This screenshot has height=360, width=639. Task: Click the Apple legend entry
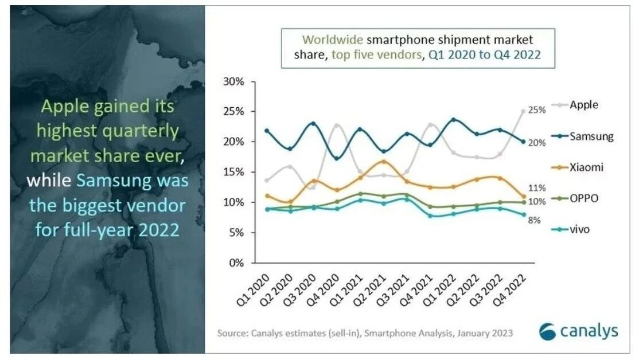coord(575,105)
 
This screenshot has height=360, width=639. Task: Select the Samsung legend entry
coord(582,136)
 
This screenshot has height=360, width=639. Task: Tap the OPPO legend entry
coord(575,198)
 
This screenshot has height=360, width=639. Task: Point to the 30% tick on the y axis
coord(233,81)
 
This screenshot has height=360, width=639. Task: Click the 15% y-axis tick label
coord(233,172)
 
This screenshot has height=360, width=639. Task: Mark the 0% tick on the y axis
coord(236,263)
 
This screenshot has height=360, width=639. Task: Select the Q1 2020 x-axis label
coord(253,289)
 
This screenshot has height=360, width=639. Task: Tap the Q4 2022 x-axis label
coord(509,289)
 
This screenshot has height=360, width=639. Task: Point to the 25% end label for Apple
coord(537,110)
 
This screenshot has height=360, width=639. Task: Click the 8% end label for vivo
coord(534,220)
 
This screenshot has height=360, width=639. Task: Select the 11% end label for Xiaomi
coord(537,187)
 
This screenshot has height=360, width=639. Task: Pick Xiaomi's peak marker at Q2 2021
coord(383,162)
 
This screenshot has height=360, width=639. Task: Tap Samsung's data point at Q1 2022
coord(453,120)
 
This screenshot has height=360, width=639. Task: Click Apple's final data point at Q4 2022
coord(523,111)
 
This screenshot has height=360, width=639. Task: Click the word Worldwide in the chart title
coord(332,40)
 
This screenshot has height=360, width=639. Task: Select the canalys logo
coord(579,331)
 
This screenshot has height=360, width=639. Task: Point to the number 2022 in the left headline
coord(158,230)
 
